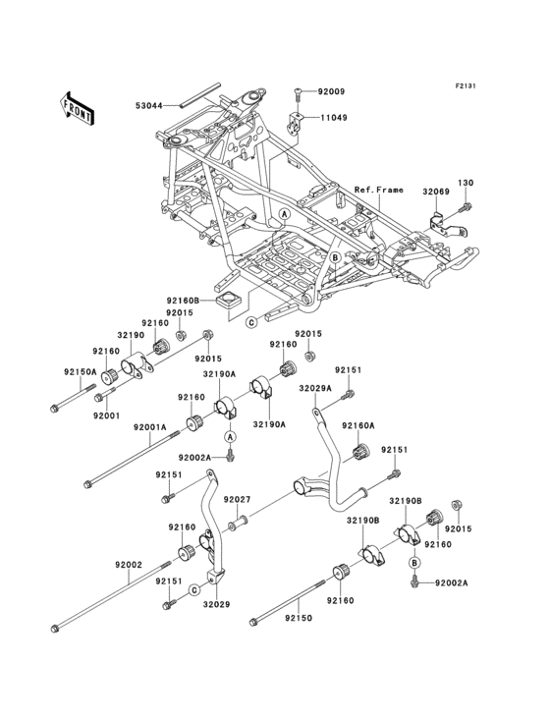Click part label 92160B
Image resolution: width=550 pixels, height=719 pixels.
[183, 301]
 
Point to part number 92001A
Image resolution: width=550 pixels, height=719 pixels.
[147, 427]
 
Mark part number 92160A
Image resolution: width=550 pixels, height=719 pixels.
[358, 426]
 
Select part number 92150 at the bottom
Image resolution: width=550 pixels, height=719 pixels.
[299, 618]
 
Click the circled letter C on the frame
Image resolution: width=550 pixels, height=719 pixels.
[251, 321]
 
